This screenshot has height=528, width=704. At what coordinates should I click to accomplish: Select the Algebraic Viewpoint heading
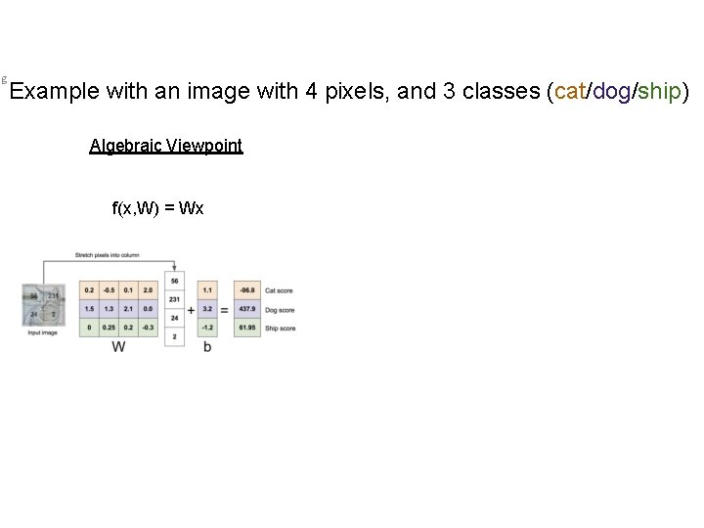[165, 147]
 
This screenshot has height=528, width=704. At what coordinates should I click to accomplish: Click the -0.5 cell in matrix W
[109, 290]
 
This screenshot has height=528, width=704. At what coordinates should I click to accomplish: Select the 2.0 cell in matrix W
[147, 290]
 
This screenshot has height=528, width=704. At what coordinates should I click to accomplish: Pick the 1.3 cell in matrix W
[109, 309]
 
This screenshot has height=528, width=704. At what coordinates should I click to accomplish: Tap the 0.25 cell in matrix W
[109, 328]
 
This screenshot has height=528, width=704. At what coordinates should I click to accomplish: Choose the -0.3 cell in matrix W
[147, 328]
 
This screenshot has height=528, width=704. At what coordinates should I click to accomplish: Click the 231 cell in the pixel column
[174, 299]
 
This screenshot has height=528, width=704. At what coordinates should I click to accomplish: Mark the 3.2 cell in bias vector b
[207, 309]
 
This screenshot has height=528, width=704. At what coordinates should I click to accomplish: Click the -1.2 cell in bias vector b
[207, 328]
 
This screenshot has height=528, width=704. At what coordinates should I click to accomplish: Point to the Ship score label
[281, 329]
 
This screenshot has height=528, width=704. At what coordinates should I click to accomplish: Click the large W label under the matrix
[118, 347]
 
